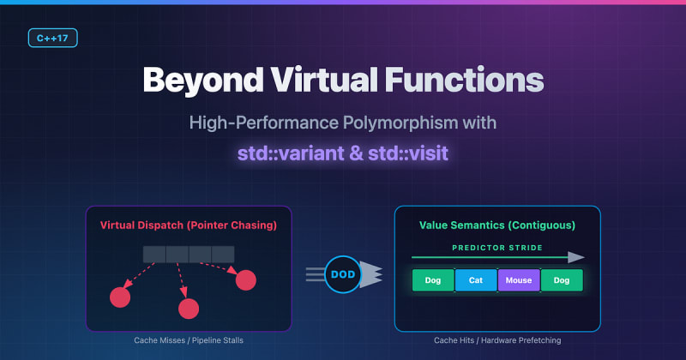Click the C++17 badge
click(53, 38)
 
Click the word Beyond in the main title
click(203, 81)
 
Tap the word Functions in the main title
click(464, 80)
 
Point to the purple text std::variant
click(291, 153)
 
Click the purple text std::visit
click(408, 153)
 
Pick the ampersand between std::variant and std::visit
click(356, 153)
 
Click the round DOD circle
click(343, 274)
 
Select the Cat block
click(476, 280)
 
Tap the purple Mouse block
click(519, 280)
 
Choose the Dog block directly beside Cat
click(433, 280)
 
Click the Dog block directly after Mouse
click(562, 280)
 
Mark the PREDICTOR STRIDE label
click(497, 248)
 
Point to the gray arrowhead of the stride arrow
click(576, 257)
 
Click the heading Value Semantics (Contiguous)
click(497, 225)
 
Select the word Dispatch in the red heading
click(162, 225)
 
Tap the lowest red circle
click(189, 309)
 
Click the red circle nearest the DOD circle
click(246, 280)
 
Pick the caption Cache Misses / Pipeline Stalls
click(189, 340)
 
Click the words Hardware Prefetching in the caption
click(521, 340)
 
